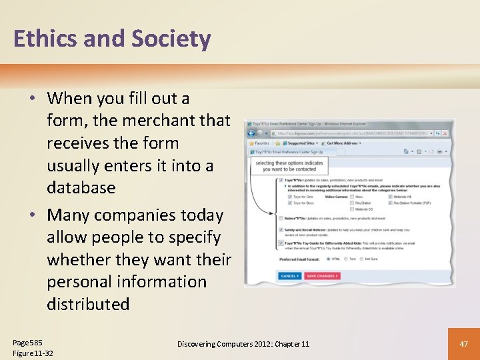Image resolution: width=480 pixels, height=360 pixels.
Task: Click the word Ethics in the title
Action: coord(46,39)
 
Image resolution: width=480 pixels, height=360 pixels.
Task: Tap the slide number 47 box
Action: coord(463,343)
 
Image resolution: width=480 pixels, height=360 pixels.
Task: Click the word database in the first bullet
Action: coord(81,187)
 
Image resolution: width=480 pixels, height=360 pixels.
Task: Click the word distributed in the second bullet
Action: coord(88,304)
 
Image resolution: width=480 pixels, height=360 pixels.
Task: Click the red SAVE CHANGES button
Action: coord(322,275)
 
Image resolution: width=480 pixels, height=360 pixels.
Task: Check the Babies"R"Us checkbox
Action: coord(281,218)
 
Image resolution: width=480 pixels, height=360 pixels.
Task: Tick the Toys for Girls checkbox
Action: coord(289,197)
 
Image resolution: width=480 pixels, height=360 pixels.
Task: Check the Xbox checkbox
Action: coord(351,197)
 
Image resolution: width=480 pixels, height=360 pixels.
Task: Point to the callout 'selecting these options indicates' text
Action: coord(289,163)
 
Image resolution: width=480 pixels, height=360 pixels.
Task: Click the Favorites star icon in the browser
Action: coord(252,142)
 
